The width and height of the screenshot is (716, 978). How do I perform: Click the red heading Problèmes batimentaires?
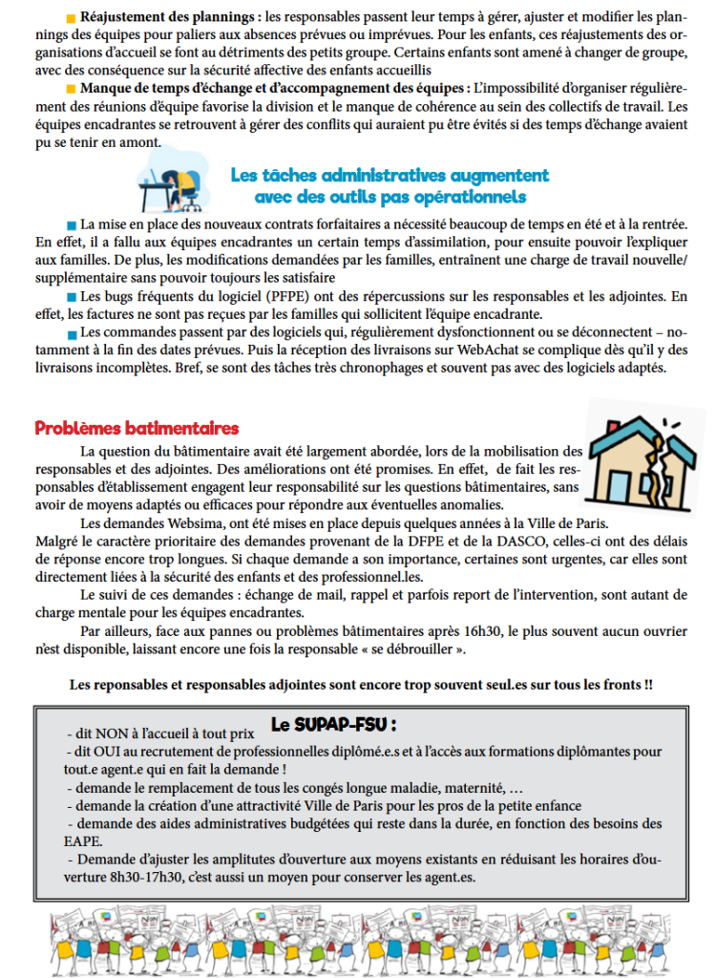[x=137, y=429]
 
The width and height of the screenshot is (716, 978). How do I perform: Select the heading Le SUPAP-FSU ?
[x=333, y=723]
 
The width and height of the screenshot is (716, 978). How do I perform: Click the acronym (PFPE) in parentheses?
[x=302, y=298]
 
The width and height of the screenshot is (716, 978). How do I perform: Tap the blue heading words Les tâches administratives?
[x=328, y=176]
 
